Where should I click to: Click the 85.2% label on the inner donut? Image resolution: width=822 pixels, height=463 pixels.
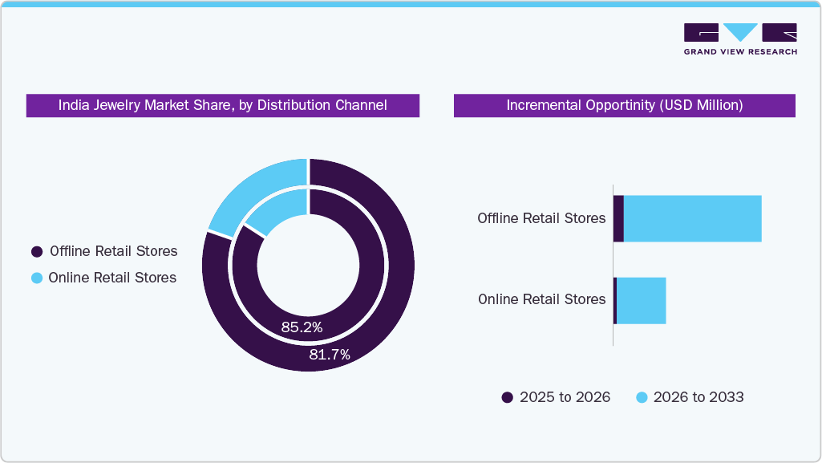(x=302, y=327)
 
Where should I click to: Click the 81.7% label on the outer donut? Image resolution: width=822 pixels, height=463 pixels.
(x=330, y=355)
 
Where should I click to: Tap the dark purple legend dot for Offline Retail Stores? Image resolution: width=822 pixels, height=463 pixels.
(x=37, y=252)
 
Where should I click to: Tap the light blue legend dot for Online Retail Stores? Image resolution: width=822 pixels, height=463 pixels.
(x=37, y=278)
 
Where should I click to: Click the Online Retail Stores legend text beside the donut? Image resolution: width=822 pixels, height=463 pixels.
(x=112, y=278)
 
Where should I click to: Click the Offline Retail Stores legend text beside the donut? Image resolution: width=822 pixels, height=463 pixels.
(x=113, y=251)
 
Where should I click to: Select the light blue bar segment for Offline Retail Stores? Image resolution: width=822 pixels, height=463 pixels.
(x=692, y=218)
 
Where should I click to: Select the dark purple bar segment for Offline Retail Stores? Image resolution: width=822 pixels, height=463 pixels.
(x=618, y=218)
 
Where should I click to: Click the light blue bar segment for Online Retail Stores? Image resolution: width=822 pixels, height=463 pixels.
(x=641, y=301)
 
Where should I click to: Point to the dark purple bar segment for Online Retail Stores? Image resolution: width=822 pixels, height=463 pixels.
(x=615, y=301)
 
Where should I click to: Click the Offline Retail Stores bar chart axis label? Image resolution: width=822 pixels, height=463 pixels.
(x=541, y=218)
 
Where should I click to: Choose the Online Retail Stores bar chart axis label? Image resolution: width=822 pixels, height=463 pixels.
(x=541, y=299)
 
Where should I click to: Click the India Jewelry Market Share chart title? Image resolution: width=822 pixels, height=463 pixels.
(x=222, y=105)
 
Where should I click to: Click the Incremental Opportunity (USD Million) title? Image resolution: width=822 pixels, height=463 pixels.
(x=624, y=105)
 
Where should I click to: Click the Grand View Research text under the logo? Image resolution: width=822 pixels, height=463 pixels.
(x=740, y=52)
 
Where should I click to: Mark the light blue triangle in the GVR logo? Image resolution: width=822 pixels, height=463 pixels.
(x=740, y=32)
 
